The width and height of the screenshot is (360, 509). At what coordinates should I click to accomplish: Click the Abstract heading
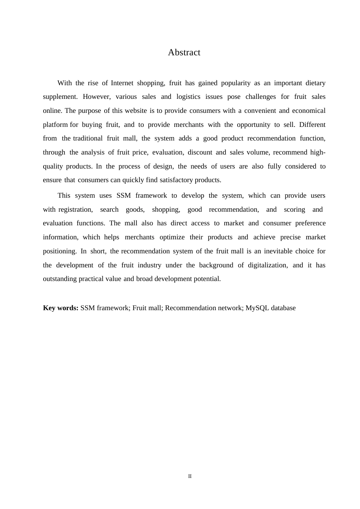pos(184,52)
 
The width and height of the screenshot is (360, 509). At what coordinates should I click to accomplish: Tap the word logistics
pos(188,97)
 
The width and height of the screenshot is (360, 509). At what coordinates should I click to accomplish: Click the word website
pos(135,111)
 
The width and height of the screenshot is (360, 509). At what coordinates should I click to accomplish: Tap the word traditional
pos(88,138)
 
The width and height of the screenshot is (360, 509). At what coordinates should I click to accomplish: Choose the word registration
pos(75,209)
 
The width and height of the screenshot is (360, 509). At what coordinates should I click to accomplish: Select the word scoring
pos(294,209)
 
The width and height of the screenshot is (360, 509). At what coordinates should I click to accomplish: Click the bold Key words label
pos(61,308)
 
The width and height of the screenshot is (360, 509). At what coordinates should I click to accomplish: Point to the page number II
pos(190,476)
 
